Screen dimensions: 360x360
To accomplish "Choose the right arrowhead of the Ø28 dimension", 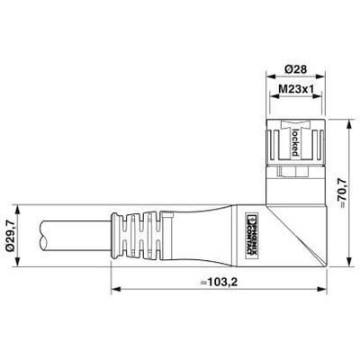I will tap(314, 78).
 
